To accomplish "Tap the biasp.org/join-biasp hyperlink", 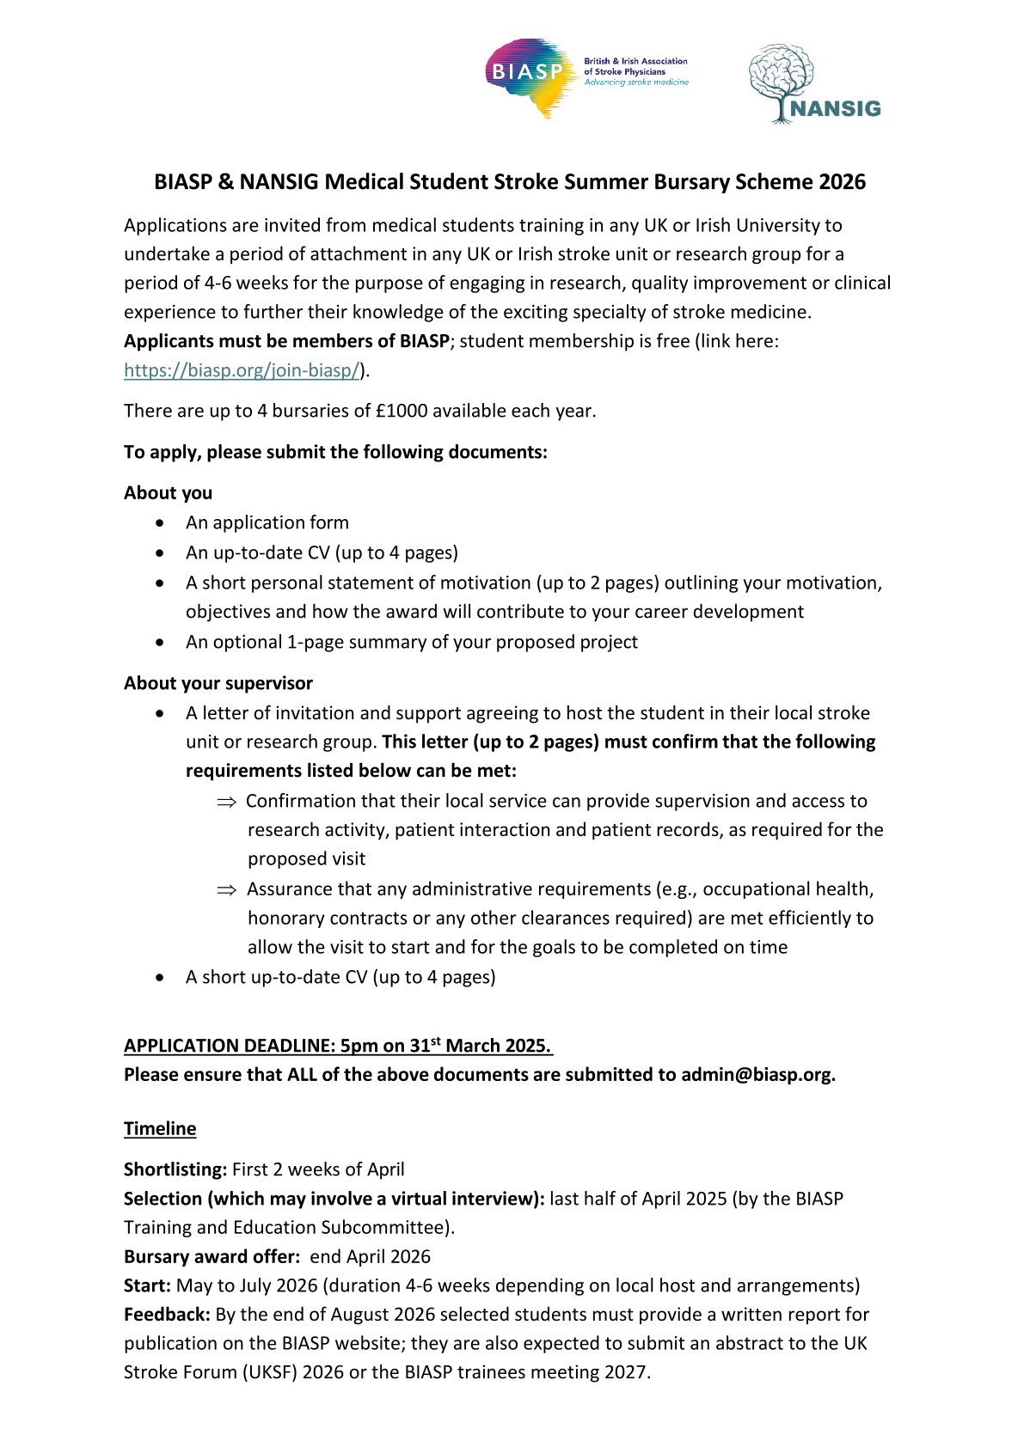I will tap(242, 370).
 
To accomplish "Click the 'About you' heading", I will tap(168, 493).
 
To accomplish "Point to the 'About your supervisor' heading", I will tap(218, 683).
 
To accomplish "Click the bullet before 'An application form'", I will tap(161, 523).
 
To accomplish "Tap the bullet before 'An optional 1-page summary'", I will tap(161, 643).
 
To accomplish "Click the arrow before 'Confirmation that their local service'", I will tap(226, 802).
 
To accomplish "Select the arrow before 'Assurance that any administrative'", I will tap(226, 890).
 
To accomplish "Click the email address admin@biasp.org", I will tap(757, 1075).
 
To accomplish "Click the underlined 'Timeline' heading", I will tap(160, 1129).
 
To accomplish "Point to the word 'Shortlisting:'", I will tap(175, 1169).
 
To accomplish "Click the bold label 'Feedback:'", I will tap(167, 1315).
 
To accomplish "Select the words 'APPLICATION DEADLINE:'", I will tap(229, 1047).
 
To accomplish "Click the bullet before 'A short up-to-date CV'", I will tap(161, 978).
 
